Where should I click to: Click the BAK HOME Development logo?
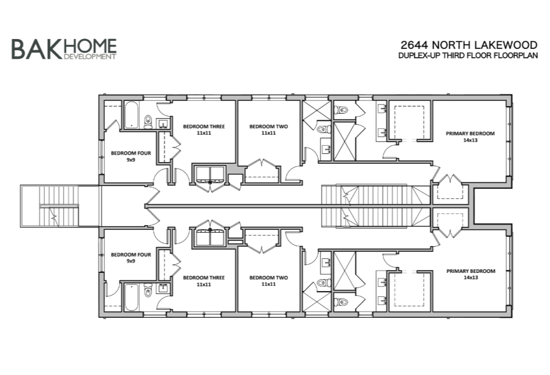point(64,49)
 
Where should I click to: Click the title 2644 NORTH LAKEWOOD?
point(469,45)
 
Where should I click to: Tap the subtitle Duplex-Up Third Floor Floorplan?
point(468,55)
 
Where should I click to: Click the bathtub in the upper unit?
point(132,115)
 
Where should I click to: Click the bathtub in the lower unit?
point(132,297)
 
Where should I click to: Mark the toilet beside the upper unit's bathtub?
point(148,122)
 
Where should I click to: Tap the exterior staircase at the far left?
point(59,206)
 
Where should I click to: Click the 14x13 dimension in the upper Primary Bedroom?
point(470,140)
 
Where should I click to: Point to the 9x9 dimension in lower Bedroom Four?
point(131,261)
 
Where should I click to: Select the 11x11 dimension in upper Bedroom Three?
point(204,133)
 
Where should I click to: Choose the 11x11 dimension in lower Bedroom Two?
point(269,284)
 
